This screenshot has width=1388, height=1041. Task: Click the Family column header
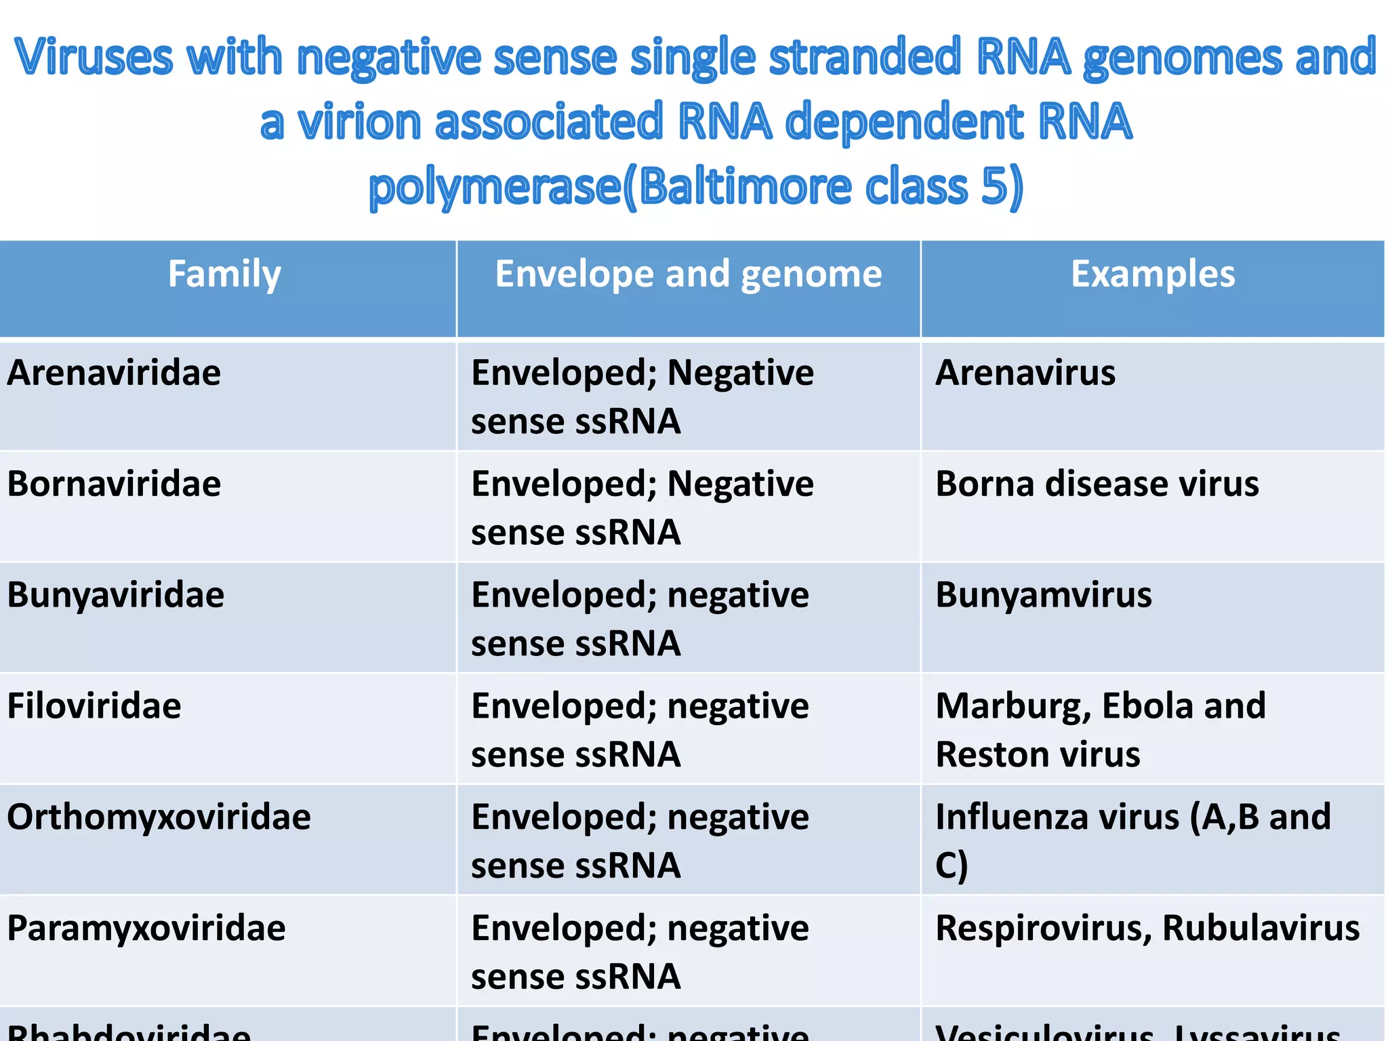click(x=224, y=274)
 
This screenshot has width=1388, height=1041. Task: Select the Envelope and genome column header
click(x=688, y=274)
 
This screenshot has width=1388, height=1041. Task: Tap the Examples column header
click(x=1152, y=274)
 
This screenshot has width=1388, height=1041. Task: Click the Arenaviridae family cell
click(x=114, y=373)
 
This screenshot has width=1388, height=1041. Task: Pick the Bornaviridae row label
click(x=114, y=484)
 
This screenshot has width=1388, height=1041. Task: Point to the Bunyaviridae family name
click(x=115, y=595)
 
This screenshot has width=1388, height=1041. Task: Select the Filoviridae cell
click(x=94, y=706)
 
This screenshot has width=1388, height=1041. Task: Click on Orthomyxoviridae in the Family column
click(x=159, y=817)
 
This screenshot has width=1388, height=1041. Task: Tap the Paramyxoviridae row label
click(x=146, y=928)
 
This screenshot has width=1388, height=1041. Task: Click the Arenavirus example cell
click(x=1025, y=373)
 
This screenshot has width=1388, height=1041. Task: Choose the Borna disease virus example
click(x=1097, y=484)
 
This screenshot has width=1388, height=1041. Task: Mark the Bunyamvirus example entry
click(x=1043, y=595)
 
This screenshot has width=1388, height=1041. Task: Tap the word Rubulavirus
click(x=1261, y=928)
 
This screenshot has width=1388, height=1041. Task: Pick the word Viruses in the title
click(x=94, y=57)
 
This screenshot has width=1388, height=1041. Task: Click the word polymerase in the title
click(x=495, y=187)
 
